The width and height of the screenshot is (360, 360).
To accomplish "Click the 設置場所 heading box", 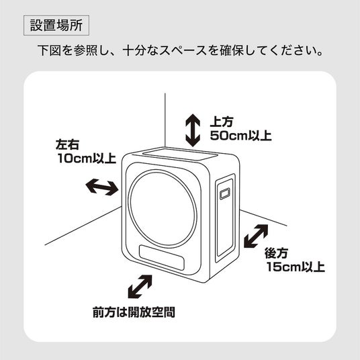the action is tap(56, 26).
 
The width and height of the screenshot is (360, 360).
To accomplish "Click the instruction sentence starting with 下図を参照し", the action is tap(181, 50).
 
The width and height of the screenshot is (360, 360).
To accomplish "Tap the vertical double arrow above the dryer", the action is tap(193, 130).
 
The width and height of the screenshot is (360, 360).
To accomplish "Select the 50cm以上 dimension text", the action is tap(241, 136).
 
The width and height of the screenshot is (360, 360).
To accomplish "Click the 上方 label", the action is tap(222, 122).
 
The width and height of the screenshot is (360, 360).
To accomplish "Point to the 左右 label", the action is tap(67, 144).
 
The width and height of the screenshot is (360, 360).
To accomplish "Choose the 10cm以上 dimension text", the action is tap(87, 159).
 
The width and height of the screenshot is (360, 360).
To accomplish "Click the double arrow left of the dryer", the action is tap(102, 187).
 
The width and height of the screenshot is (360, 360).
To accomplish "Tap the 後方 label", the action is tap(276, 253).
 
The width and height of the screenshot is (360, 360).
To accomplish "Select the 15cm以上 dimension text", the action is tap(296, 267).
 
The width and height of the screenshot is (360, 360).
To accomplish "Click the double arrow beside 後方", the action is tap(256, 236).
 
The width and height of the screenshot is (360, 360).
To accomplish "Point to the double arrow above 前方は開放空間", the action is tap(140, 287).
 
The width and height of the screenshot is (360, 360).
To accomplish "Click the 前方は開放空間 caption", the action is tap(134, 312).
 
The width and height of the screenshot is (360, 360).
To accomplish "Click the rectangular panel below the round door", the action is tap(161, 257).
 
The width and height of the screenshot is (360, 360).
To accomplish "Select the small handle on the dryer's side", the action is tap(225, 194).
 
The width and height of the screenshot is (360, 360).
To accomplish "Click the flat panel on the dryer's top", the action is tap(180, 154).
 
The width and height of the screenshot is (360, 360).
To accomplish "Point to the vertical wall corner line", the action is tap(165, 120).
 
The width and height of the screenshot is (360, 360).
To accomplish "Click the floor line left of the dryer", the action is tap(83, 226).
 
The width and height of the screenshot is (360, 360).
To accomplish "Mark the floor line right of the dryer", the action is tap(263, 218).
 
